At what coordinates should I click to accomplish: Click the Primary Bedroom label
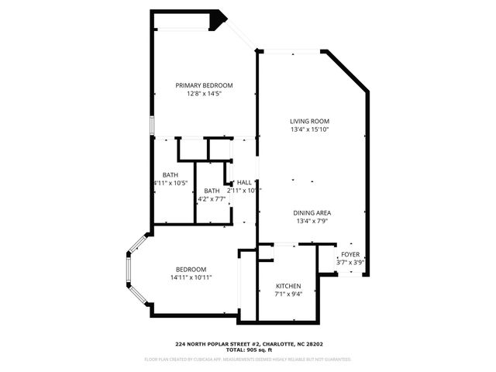click(204, 85)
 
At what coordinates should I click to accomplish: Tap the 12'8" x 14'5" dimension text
click(204, 95)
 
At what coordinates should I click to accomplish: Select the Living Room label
click(310, 121)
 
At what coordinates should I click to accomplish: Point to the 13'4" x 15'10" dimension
click(310, 130)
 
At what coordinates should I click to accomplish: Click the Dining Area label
click(312, 213)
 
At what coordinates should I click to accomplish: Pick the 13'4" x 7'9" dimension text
click(312, 222)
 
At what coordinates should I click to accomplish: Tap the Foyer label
click(350, 254)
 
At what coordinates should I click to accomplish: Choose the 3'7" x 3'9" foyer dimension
click(350, 263)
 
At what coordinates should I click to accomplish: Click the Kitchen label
click(288, 286)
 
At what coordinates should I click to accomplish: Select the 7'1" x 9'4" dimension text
click(288, 294)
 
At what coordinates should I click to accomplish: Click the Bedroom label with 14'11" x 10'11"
click(191, 268)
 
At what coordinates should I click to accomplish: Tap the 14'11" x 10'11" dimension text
click(191, 277)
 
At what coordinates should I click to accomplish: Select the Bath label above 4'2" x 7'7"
click(212, 191)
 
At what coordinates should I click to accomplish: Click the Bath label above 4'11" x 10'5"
click(170, 174)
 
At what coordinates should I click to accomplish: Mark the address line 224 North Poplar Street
click(247, 343)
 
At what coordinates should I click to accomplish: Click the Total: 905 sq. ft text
click(247, 350)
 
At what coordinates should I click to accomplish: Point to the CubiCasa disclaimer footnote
click(247, 360)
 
